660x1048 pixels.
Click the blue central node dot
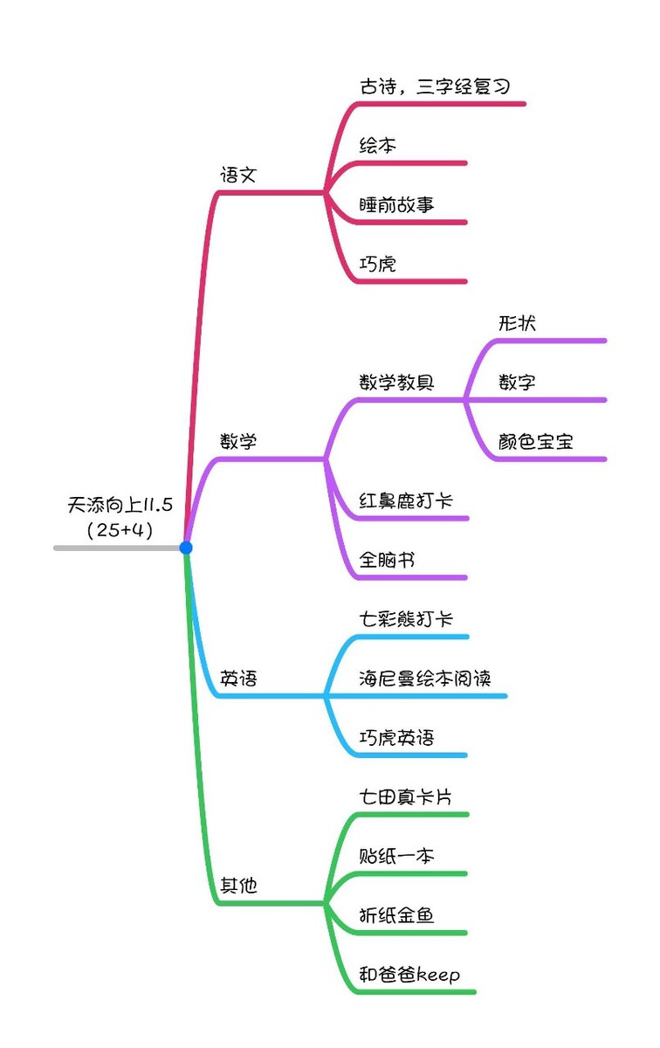point(186,548)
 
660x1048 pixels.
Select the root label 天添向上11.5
point(120,505)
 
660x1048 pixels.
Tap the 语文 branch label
point(238,175)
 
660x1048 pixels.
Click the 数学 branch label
point(238,441)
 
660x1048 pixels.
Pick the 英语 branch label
point(238,679)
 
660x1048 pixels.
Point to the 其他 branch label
point(238,886)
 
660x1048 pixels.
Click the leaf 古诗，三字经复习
point(435,86)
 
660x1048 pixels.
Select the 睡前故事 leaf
point(396,205)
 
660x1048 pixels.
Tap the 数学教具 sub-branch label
point(396,383)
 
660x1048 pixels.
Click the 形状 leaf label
point(517,323)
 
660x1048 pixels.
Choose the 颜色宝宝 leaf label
point(535,441)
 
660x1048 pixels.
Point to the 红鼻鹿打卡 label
point(406,500)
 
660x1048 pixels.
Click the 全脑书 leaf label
point(387,560)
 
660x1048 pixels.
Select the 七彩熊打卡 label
point(406,619)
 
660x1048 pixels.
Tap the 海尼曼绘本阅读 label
point(424,679)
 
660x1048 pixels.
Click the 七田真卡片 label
point(406,796)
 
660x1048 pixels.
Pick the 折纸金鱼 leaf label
point(396,915)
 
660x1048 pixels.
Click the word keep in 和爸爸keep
point(438,975)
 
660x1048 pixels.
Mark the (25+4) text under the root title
point(120,530)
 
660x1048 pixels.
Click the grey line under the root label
point(117,548)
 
